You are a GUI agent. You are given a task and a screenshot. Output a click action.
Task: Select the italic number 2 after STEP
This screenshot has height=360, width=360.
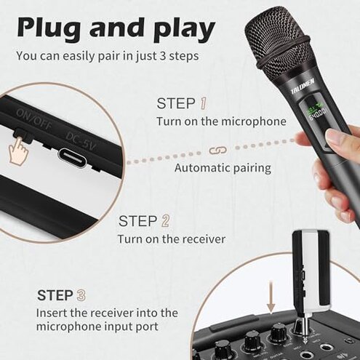pyautogui.click(x=166, y=220)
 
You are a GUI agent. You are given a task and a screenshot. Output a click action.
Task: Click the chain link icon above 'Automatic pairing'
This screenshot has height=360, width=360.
pyautogui.click(x=213, y=150)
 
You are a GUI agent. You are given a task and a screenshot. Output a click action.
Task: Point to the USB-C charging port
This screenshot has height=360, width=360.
pyautogui.click(x=79, y=156)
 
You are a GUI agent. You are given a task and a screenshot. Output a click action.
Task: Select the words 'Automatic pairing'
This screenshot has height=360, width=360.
pyautogui.click(x=223, y=168)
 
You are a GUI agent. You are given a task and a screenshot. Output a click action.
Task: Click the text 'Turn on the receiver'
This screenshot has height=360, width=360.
pyautogui.click(x=172, y=239)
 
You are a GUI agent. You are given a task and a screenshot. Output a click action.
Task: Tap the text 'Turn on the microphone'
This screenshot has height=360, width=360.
pyautogui.click(x=221, y=121)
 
